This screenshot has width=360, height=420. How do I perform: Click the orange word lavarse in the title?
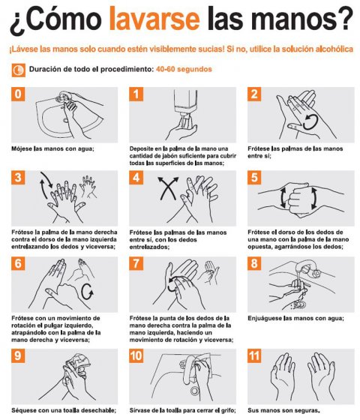[x=154, y=18]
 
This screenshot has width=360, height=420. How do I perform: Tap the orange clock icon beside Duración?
[x=19, y=70]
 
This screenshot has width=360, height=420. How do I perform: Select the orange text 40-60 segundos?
[x=184, y=69]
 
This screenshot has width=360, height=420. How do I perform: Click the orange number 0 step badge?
[x=18, y=94]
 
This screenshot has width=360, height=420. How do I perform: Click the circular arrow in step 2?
[x=310, y=121]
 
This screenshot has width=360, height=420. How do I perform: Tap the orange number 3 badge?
[x=18, y=178]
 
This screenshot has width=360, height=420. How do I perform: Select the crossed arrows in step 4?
[x=168, y=188]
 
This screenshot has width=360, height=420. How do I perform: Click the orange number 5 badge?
[x=254, y=178]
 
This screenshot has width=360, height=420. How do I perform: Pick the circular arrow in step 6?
[x=87, y=292]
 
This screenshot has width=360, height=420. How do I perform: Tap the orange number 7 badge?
[x=136, y=263]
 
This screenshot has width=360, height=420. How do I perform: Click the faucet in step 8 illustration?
[x=306, y=268]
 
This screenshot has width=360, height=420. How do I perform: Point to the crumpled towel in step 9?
[x=79, y=364]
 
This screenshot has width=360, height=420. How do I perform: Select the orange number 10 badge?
[x=136, y=355]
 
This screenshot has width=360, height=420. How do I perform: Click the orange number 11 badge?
[x=254, y=355]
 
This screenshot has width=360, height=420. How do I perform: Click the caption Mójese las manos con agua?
[x=52, y=148]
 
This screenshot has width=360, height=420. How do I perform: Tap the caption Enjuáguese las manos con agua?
[x=295, y=318]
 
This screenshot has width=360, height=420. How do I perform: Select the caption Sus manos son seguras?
[x=283, y=410]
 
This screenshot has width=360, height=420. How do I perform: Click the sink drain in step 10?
[x=195, y=391]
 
